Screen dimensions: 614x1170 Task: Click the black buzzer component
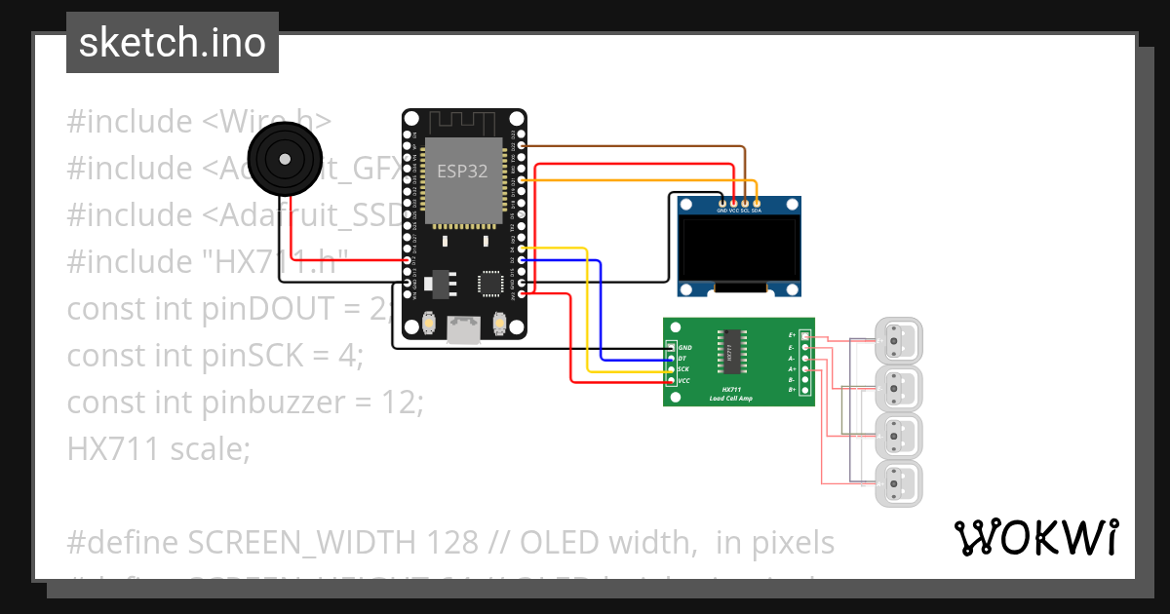tap(283, 158)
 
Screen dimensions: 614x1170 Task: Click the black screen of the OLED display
tap(740, 249)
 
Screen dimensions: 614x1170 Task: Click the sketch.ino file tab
tap(173, 43)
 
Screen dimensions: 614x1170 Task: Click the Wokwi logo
tap(1035, 537)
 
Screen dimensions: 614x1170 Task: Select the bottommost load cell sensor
tap(898, 483)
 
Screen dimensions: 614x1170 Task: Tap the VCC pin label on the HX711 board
tap(684, 381)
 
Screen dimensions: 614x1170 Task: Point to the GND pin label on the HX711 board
tap(684, 348)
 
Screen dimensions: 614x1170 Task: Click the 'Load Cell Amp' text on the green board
tap(730, 398)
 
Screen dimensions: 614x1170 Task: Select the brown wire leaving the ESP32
tap(634, 146)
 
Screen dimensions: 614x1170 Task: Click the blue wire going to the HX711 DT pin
tap(602, 312)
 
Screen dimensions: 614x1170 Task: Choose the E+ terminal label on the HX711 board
tap(792, 334)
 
